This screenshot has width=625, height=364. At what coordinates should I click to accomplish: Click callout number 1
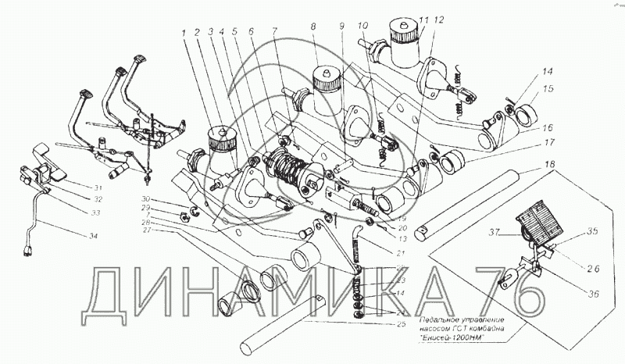click(185, 35)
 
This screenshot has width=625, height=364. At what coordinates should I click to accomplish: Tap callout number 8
click(312, 29)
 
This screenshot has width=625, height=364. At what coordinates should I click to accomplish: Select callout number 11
click(423, 20)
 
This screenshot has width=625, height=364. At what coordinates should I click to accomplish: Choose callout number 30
click(145, 200)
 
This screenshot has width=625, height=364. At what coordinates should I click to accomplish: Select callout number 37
click(495, 233)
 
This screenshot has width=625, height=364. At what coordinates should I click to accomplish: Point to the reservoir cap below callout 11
click(405, 34)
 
